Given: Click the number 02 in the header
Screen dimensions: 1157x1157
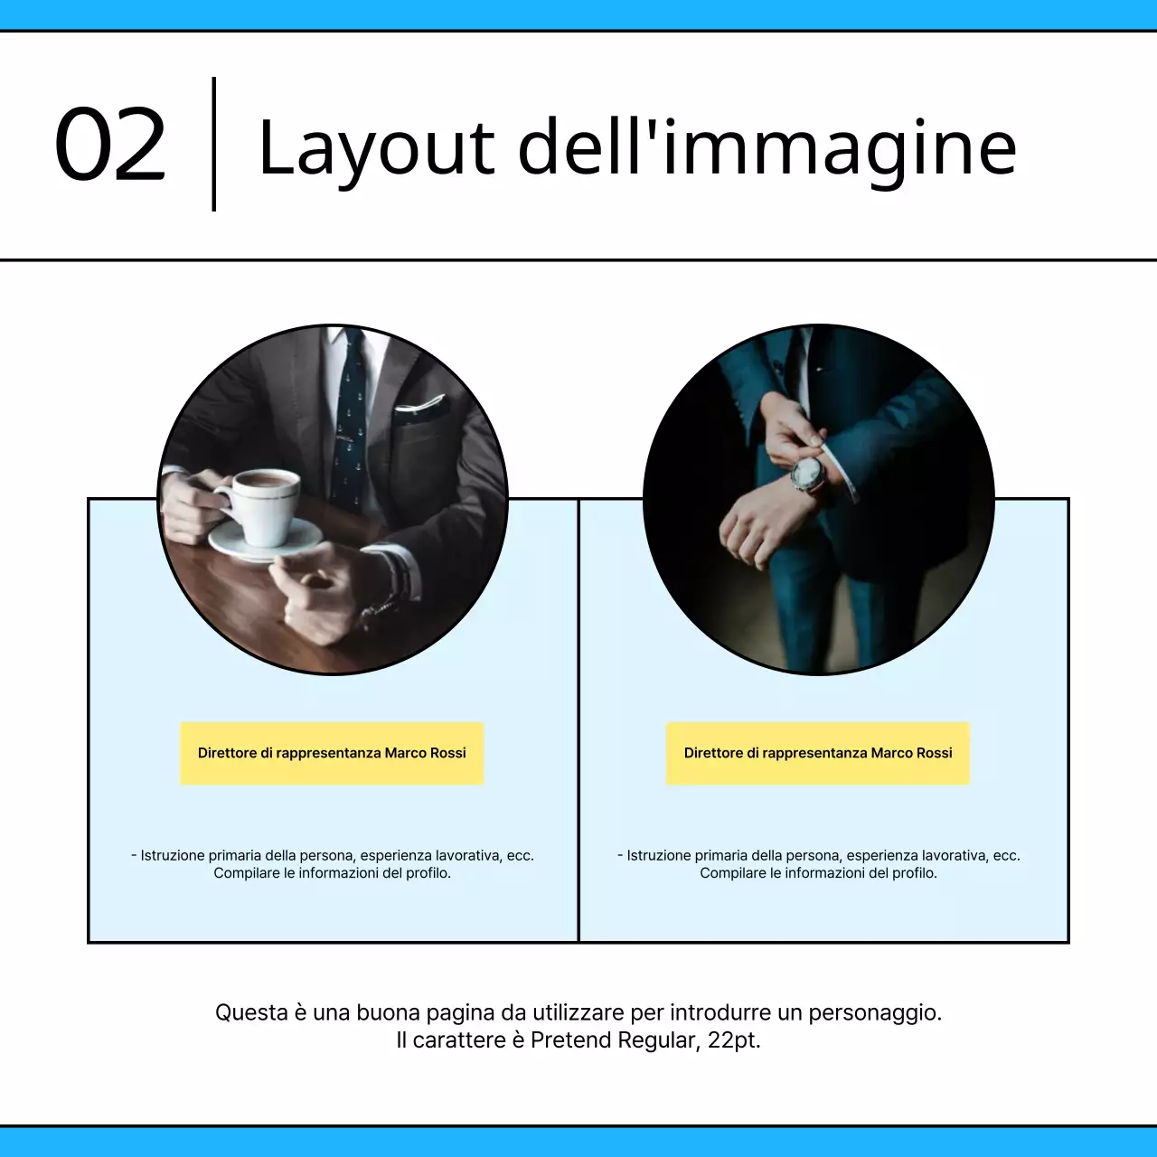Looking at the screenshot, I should pos(110,145).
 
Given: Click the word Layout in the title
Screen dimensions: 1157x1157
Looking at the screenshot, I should pos(375,148).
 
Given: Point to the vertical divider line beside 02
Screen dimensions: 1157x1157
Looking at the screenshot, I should pos(214,145).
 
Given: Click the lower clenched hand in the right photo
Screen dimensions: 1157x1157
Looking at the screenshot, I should pos(755,533).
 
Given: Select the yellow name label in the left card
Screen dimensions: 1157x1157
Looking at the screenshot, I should pos(332,753).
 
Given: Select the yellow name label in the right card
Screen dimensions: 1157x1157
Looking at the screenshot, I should pos(818,753).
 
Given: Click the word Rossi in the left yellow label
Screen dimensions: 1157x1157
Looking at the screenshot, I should pos(448,753).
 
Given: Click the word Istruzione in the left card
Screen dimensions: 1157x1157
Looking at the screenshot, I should pos(172,855).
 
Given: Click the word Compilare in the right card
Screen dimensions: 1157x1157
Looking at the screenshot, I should pos(732,873).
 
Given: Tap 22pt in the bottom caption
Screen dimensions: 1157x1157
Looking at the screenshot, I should pos(733,1040).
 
